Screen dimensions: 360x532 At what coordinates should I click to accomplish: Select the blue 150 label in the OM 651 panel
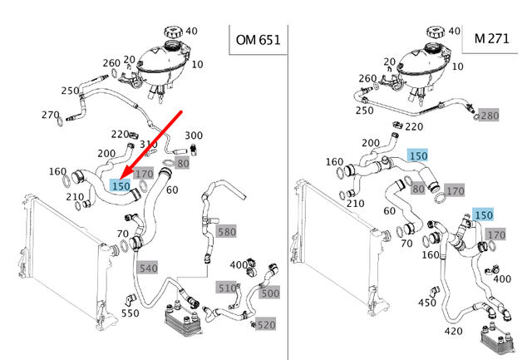pyautogui.click(x=121, y=187)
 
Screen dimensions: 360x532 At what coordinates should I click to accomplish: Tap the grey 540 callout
pyautogui.click(x=147, y=268)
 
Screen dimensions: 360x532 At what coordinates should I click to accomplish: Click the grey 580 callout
pyautogui.click(x=227, y=230)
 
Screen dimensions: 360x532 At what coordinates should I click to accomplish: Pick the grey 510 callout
pyautogui.click(x=227, y=288)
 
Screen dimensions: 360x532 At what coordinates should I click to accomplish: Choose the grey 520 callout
pyautogui.click(x=266, y=324)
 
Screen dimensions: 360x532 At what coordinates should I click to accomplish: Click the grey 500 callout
pyautogui.click(x=270, y=293)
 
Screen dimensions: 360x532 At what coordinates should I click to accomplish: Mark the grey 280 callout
pyautogui.click(x=490, y=115)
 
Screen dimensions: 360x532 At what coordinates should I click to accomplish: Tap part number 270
pyautogui.click(x=50, y=115)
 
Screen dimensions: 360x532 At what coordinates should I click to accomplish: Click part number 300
pyautogui.click(x=193, y=136)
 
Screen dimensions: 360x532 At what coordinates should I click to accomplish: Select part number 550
pyautogui.click(x=130, y=313)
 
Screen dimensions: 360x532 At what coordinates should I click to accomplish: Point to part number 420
pyautogui.click(x=454, y=331)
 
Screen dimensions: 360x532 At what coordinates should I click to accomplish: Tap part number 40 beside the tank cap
pyautogui.click(x=191, y=32)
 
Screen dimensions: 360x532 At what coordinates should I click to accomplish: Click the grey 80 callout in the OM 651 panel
pyautogui.click(x=182, y=164)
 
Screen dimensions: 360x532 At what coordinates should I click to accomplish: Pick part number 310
pyautogui.click(x=148, y=144)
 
